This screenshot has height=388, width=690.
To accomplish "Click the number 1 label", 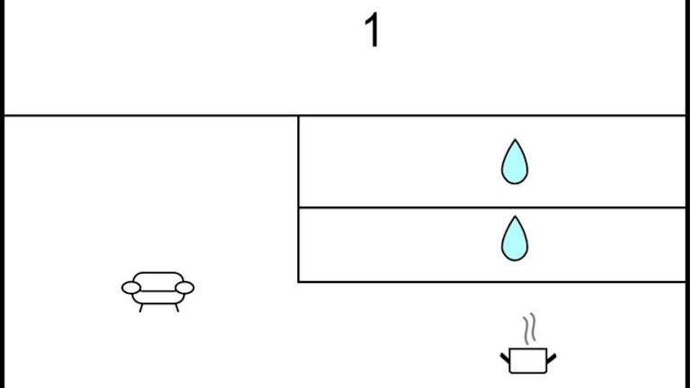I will point(371,31).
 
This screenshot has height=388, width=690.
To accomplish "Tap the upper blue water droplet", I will point(514,163).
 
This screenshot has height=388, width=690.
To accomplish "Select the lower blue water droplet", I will point(514,240).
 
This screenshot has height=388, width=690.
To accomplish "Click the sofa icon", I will point(158,289).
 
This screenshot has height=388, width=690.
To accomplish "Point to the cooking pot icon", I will point(527,357).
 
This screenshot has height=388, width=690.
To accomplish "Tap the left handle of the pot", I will point(505,358).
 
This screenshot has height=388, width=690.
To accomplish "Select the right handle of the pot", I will point(550,358).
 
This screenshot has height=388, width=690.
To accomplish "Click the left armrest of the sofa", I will point(131,287).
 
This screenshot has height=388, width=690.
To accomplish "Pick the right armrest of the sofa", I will point(184,287).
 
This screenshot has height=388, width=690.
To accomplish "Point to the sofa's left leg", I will point(141,308).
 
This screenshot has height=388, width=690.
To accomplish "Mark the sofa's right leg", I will point(176,308).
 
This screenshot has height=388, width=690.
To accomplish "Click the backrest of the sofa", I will point(158,278).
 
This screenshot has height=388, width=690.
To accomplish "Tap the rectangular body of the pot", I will point(527,361).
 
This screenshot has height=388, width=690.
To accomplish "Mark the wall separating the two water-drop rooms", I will point(491,207).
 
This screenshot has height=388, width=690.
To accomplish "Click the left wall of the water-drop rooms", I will point(298,198).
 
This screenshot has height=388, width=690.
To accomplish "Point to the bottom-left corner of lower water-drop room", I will point(298,282).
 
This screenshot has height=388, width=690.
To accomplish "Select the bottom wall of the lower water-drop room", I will point(491,282).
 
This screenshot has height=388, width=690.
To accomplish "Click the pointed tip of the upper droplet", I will point(514,140).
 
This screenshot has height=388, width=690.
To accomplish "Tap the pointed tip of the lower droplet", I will point(514,216).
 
